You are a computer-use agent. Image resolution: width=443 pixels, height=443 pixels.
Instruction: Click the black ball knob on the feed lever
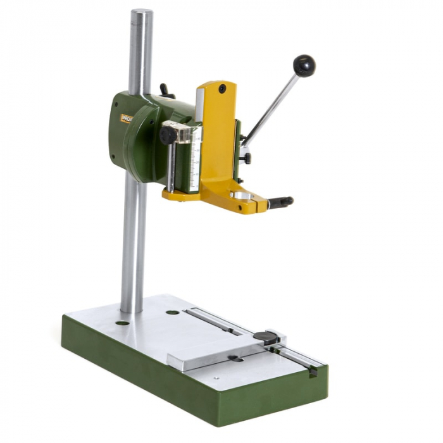(x=304, y=65)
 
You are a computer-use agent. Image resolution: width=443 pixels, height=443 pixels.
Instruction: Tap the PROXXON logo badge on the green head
(x=127, y=118)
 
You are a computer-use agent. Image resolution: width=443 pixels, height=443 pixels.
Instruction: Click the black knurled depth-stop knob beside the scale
(x=168, y=135)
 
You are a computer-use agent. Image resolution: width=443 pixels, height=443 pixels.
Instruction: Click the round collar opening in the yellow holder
(x=242, y=196)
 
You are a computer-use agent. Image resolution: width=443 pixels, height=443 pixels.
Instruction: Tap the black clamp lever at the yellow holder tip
(x=280, y=203)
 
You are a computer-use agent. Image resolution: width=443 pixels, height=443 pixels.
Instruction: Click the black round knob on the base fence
(x=270, y=337)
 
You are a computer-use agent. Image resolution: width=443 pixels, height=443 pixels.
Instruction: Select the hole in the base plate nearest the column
(x=172, y=312)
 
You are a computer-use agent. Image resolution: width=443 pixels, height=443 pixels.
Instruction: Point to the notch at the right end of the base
(x=313, y=372)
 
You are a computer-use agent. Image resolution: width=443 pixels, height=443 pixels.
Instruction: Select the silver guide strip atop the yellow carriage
(x=199, y=104)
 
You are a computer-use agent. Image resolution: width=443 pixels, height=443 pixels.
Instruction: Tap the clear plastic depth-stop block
(x=184, y=133)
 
